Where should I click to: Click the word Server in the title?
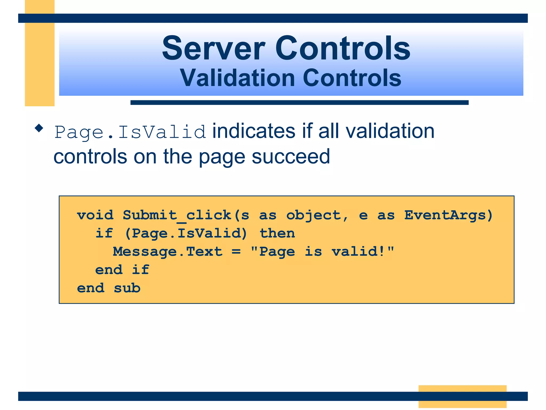click(x=213, y=49)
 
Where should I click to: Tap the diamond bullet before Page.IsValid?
click(x=39, y=128)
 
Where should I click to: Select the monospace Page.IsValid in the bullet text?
click(x=130, y=132)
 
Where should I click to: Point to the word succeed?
click(x=291, y=157)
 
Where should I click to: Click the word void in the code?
click(x=95, y=215)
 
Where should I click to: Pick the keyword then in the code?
click(x=277, y=233)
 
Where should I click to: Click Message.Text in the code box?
click(x=167, y=252)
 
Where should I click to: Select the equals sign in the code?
click(x=236, y=252)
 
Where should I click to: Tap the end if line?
click(x=122, y=270)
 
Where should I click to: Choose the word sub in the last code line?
click(x=127, y=288)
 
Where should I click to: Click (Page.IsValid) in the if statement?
click(x=186, y=234)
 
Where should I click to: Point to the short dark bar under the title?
click(x=299, y=102)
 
